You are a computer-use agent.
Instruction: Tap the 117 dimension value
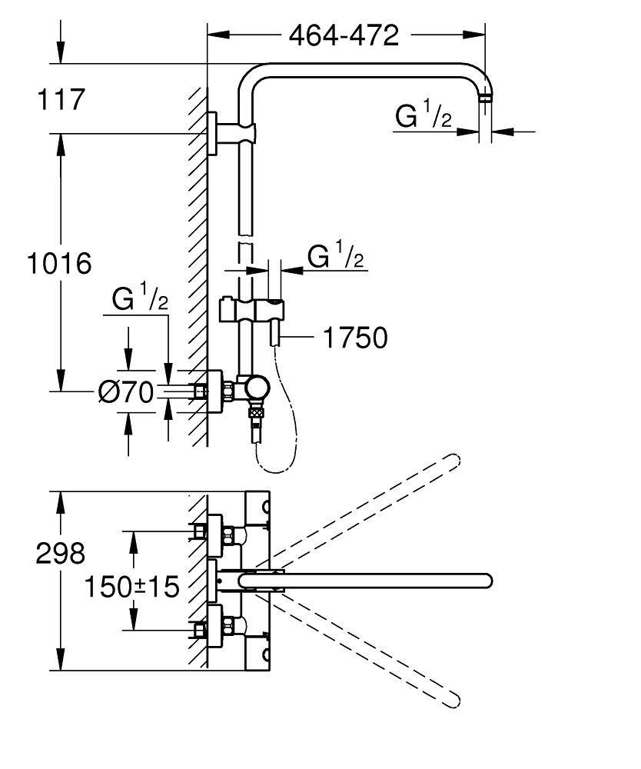click(59, 99)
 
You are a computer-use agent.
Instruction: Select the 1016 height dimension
click(59, 263)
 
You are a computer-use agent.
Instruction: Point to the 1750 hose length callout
click(354, 337)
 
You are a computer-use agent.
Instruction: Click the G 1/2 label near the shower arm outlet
click(423, 116)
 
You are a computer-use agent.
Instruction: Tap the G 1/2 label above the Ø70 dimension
click(139, 300)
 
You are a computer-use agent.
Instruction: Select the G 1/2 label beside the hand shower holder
click(335, 256)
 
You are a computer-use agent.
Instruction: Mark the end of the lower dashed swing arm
click(453, 700)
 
